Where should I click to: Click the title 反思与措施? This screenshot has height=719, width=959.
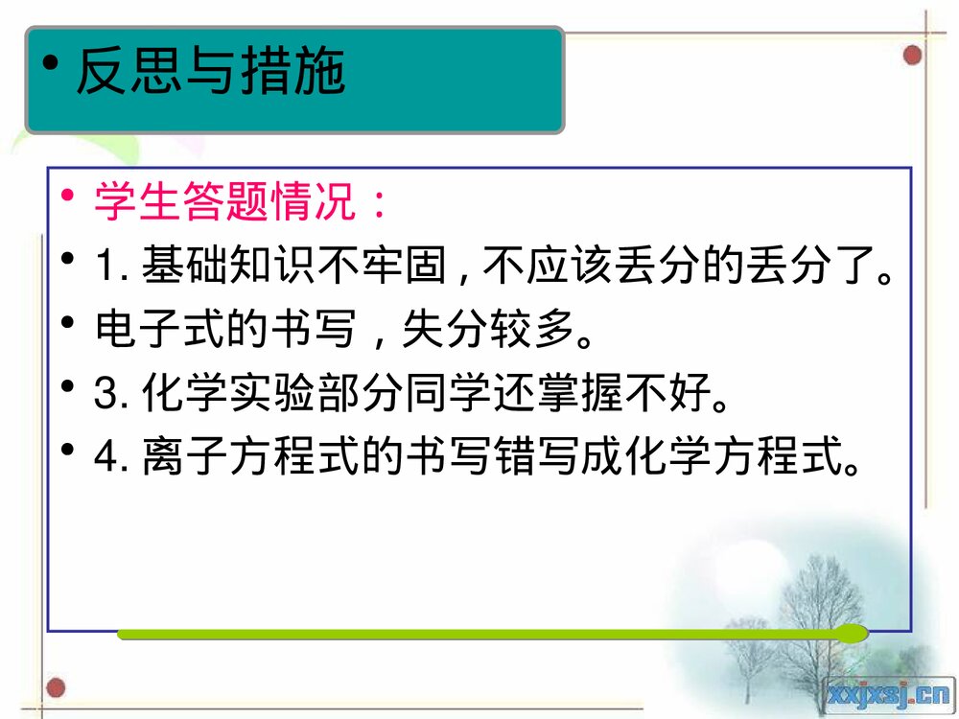coord(210,72)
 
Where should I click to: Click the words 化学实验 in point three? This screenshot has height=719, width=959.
coord(226,394)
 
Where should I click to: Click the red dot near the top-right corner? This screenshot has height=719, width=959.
coord(912,55)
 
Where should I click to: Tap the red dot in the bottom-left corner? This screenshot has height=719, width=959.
coord(57,687)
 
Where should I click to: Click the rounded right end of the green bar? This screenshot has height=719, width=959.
coord(854,633)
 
